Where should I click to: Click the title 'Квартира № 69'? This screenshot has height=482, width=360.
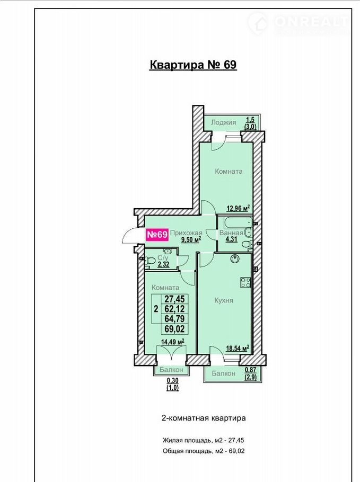[193, 65]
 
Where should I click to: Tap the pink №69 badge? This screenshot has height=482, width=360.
[157, 235]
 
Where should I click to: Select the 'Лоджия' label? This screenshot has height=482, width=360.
[224, 122]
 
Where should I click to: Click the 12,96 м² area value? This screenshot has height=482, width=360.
[238, 209]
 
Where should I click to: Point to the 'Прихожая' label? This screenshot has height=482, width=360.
[186, 233]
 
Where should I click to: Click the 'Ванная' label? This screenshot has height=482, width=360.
[231, 233]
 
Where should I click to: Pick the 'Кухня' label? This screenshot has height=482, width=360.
[224, 300]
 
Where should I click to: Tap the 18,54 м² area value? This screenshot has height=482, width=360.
[238, 349]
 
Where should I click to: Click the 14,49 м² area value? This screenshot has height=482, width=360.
[173, 342]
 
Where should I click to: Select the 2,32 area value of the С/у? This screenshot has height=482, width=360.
[163, 264]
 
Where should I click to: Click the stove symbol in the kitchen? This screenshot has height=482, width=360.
[245, 282]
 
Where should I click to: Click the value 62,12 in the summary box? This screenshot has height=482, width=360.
[174, 309]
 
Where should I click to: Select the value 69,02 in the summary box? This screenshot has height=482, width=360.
[174, 329]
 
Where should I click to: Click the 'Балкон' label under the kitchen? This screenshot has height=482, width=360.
[224, 373]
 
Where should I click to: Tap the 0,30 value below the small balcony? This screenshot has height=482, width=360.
[173, 380]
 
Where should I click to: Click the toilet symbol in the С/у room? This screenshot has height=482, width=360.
[150, 261]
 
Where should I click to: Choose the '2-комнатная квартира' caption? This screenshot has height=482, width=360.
[204, 418]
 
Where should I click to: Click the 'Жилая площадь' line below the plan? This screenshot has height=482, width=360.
[203, 440]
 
